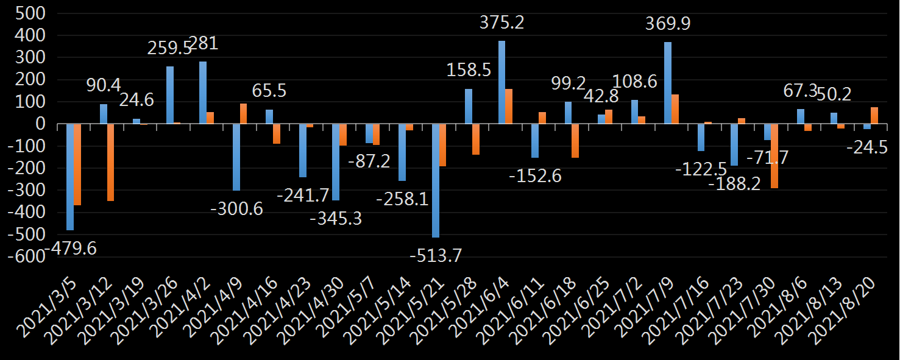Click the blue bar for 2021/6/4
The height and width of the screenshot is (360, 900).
[501, 82]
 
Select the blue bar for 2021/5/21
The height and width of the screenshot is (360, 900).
[436, 180]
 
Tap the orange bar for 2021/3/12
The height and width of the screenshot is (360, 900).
[111, 162]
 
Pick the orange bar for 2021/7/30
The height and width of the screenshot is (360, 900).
[774, 155]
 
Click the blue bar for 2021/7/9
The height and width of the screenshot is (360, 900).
[668, 83]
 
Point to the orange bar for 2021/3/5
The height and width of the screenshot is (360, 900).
[77, 164]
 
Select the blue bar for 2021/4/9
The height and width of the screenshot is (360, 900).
[236, 157]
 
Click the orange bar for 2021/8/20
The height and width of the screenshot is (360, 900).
[874, 116]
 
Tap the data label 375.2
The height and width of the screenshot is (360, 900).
[501, 23]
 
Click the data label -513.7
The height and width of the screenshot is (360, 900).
[435, 256]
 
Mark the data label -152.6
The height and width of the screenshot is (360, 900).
[535, 176]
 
